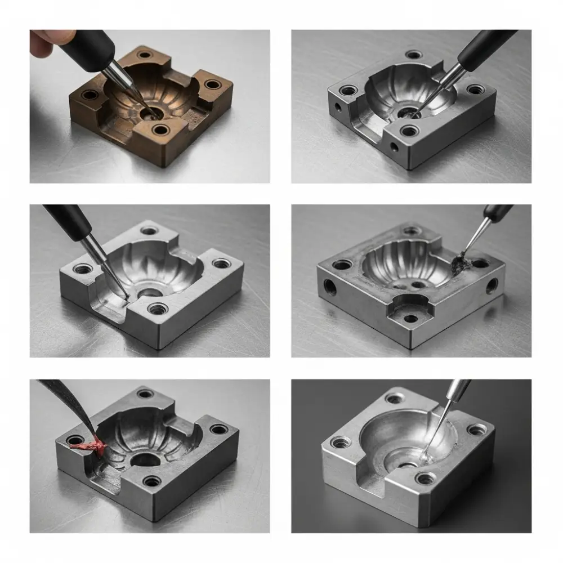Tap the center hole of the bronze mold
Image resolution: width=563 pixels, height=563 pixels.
[x=149, y=113]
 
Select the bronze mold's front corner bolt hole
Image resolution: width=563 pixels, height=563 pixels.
[x=160, y=130]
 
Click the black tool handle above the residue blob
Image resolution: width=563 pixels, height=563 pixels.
[x=495, y=212]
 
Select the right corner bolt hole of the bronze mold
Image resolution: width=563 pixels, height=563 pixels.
[x=212, y=85]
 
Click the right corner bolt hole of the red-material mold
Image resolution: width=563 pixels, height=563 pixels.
[x=218, y=430]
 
